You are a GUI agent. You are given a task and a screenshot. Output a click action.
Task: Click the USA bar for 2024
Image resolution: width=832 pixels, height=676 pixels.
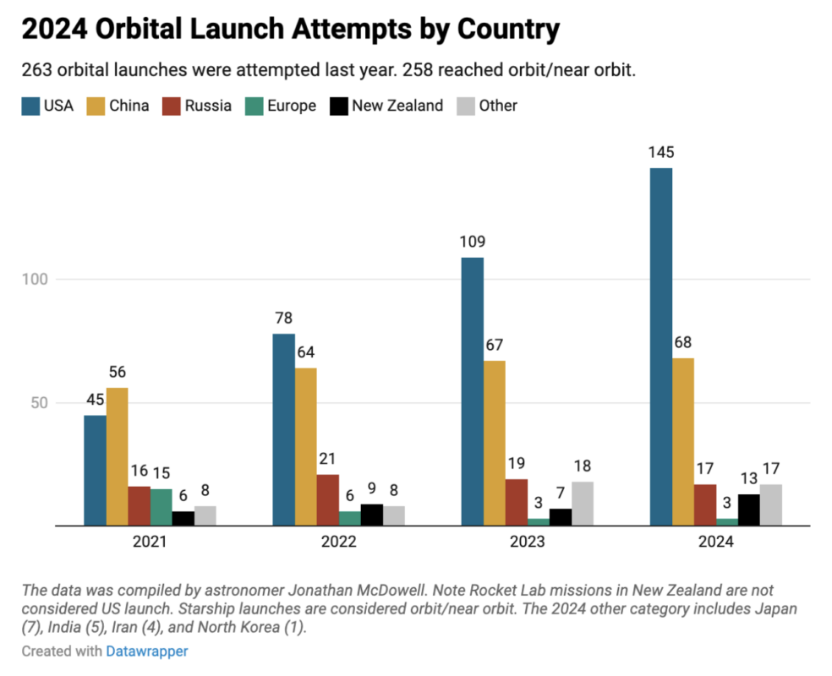pyautogui.click(x=661, y=346)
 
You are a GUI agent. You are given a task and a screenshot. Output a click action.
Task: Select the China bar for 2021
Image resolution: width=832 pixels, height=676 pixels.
pyautogui.click(x=117, y=456)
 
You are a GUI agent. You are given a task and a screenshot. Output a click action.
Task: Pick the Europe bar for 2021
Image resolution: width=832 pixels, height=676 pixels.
pyautogui.click(x=161, y=507)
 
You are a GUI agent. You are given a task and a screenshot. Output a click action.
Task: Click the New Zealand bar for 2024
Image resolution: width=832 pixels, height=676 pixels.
pyautogui.click(x=749, y=510)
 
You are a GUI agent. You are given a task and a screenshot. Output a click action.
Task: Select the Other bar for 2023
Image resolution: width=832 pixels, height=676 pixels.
pyautogui.click(x=583, y=504)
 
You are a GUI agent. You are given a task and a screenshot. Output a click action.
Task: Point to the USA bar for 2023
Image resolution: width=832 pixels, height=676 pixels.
pyautogui.click(x=473, y=391)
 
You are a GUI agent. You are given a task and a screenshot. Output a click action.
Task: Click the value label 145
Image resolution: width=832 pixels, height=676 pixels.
pyautogui.click(x=661, y=153)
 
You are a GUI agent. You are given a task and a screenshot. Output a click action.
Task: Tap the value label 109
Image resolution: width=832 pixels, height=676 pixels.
pyautogui.click(x=473, y=243)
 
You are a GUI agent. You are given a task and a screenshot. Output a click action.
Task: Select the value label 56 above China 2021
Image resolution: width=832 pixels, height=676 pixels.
pyautogui.click(x=117, y=373)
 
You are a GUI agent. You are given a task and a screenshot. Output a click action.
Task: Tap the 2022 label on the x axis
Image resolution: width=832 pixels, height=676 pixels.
pyautogui.click(x=338, y=542)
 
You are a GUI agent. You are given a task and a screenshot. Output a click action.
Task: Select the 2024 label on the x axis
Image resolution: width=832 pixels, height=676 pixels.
pyautogui.click(x=716, y=542)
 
